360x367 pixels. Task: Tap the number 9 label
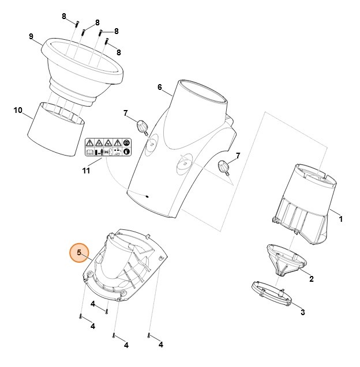(x=31, y=37)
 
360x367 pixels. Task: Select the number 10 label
(x=18, y=110)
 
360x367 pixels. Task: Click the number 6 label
(x=159, y=87)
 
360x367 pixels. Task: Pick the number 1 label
(x=340, y=219)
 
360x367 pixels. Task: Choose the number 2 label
(x=311, y=279)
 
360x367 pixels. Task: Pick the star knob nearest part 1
(x=224, y=168)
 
